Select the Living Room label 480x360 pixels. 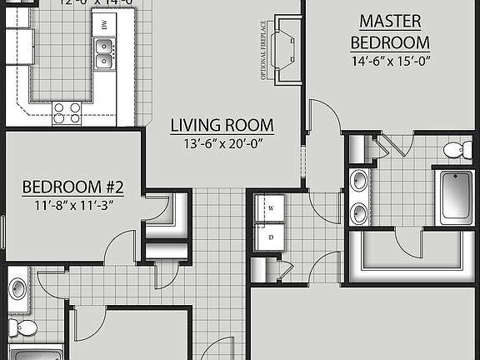point(222,126)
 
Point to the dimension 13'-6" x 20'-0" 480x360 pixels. point(222,144)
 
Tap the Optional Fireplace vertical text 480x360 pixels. point(263,51)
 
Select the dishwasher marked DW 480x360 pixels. point(105,27)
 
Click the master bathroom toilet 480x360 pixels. point(453,151)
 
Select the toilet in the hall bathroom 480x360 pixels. point(24,327)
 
